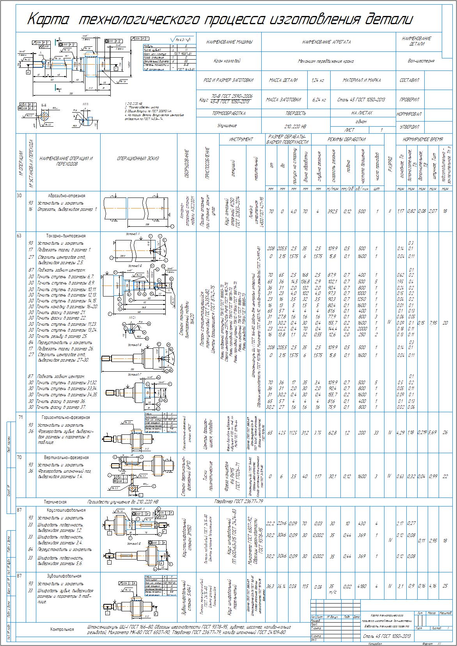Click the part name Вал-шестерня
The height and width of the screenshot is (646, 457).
(422, 61)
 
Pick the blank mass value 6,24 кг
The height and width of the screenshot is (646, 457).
(319, 100)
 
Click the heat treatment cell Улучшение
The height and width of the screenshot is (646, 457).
(227, 126)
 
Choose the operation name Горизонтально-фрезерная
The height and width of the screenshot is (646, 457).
(66, 417)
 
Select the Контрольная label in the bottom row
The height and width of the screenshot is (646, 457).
(62, 629)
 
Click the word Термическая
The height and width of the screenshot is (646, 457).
(55, 502)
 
